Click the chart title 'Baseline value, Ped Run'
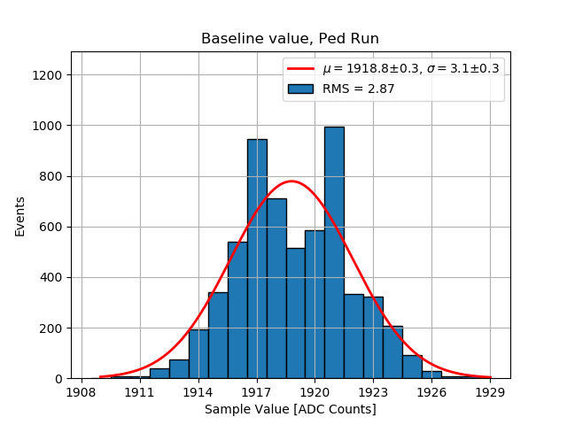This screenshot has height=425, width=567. tap(290, 39)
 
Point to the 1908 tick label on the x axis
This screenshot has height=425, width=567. tap(82, 390)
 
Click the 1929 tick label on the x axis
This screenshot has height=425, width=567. tap(490, 390)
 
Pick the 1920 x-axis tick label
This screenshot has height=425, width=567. tap(315, 390)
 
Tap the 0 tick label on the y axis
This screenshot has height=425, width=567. tap(58, 379)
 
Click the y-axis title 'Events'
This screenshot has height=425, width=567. tap(20, 215)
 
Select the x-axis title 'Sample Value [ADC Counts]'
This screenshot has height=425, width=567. tap(291, 409)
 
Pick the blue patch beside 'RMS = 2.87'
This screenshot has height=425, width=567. tap(301, 89)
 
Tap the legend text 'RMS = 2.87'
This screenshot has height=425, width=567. tap(359, 89)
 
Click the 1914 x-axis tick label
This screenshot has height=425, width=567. tap(198, 390)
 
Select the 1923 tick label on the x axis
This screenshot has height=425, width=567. tap(374, 390)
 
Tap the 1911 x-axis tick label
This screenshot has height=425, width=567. tap(140, 390)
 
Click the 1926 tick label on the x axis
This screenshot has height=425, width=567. tap(432, 390)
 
